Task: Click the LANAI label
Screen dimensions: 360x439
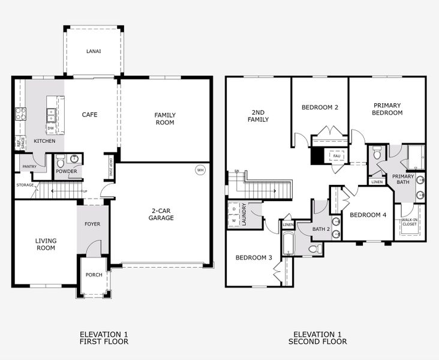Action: click(93, 52)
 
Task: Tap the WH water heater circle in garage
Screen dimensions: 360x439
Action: click(200, 170)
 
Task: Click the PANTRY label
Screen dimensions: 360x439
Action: click(29, 166)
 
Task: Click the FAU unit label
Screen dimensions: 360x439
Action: click(336, 156)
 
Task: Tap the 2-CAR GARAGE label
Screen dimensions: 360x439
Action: click(162, 214)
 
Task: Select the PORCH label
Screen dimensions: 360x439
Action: click(94, 275)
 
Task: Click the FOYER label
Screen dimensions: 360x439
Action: click(92, 224)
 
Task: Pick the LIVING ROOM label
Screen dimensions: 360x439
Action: click(45, 244)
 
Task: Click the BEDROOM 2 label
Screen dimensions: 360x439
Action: click(320, 107)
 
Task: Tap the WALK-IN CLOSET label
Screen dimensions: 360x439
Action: click(410, 223)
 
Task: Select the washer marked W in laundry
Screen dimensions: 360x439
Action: click(233, 220)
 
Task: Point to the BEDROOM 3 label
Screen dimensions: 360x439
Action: click(254, 257)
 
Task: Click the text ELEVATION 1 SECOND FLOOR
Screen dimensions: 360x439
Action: click(318, 338)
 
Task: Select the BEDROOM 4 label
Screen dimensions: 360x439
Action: click(368, 215)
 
